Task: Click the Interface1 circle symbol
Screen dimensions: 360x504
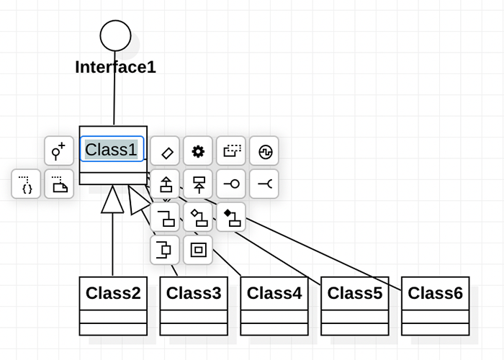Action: pyautogui.click(x=115, y=35)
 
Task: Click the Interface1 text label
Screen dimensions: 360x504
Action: pyautogui.click(x=115, y=68)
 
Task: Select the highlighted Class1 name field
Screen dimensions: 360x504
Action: pyautogui.click(x=112, y=150)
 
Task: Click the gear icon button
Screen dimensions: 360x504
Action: pyautogui.click(x=198, y=151)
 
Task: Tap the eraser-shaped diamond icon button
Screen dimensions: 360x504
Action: pyautogui.click(x=166, y=151)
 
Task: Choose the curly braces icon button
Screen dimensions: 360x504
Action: pyautogui.click(x=26, y=184)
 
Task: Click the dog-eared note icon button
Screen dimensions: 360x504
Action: pyautogui.click(x=59, y=184)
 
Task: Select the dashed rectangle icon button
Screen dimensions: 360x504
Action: pyautogui.click(x=231, y=151)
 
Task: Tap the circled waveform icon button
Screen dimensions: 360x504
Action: pyautogui.click(x=264, y=151)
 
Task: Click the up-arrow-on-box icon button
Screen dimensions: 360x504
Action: pyautogui.click(x=166, y=184)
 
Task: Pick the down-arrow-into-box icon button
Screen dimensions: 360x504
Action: pyautogui.click(x=198, y=184)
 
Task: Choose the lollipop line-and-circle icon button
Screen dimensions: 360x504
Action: pyautogui.click(x=231, y=184)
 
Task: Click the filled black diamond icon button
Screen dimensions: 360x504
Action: pyautogui.click(x=231, y=217)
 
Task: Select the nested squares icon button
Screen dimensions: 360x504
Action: pyautogui.click(x=198, y=250)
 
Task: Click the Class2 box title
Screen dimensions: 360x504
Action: pyautogui.click(x=113, y=293)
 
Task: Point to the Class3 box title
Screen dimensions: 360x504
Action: pyautogui.click(x=194, y=293)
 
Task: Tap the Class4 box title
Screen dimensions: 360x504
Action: pyautogui.click(x=274, y=293)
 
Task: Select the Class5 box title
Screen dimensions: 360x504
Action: pyautogui.click(x=355, y=293)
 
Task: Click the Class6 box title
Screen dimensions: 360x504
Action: pyautogui.click(x=436, y=293)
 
